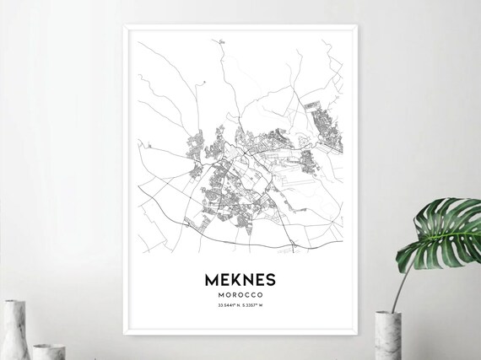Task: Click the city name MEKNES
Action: click(239, 278)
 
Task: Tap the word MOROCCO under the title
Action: click(239, 296)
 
